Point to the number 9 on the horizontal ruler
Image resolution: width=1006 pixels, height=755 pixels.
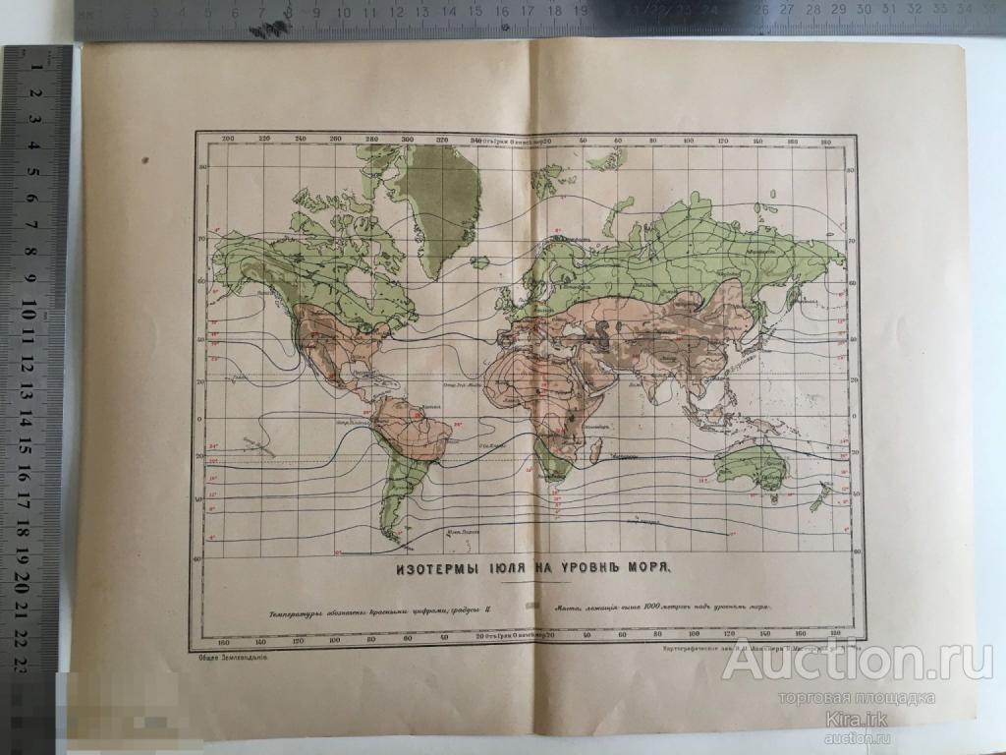tap(289, 12)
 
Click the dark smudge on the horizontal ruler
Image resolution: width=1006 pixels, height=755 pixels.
tap(263, 29)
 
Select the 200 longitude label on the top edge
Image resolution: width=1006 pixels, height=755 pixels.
tap(228, 140)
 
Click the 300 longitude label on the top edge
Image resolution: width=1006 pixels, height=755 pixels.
tap(407, 140)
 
